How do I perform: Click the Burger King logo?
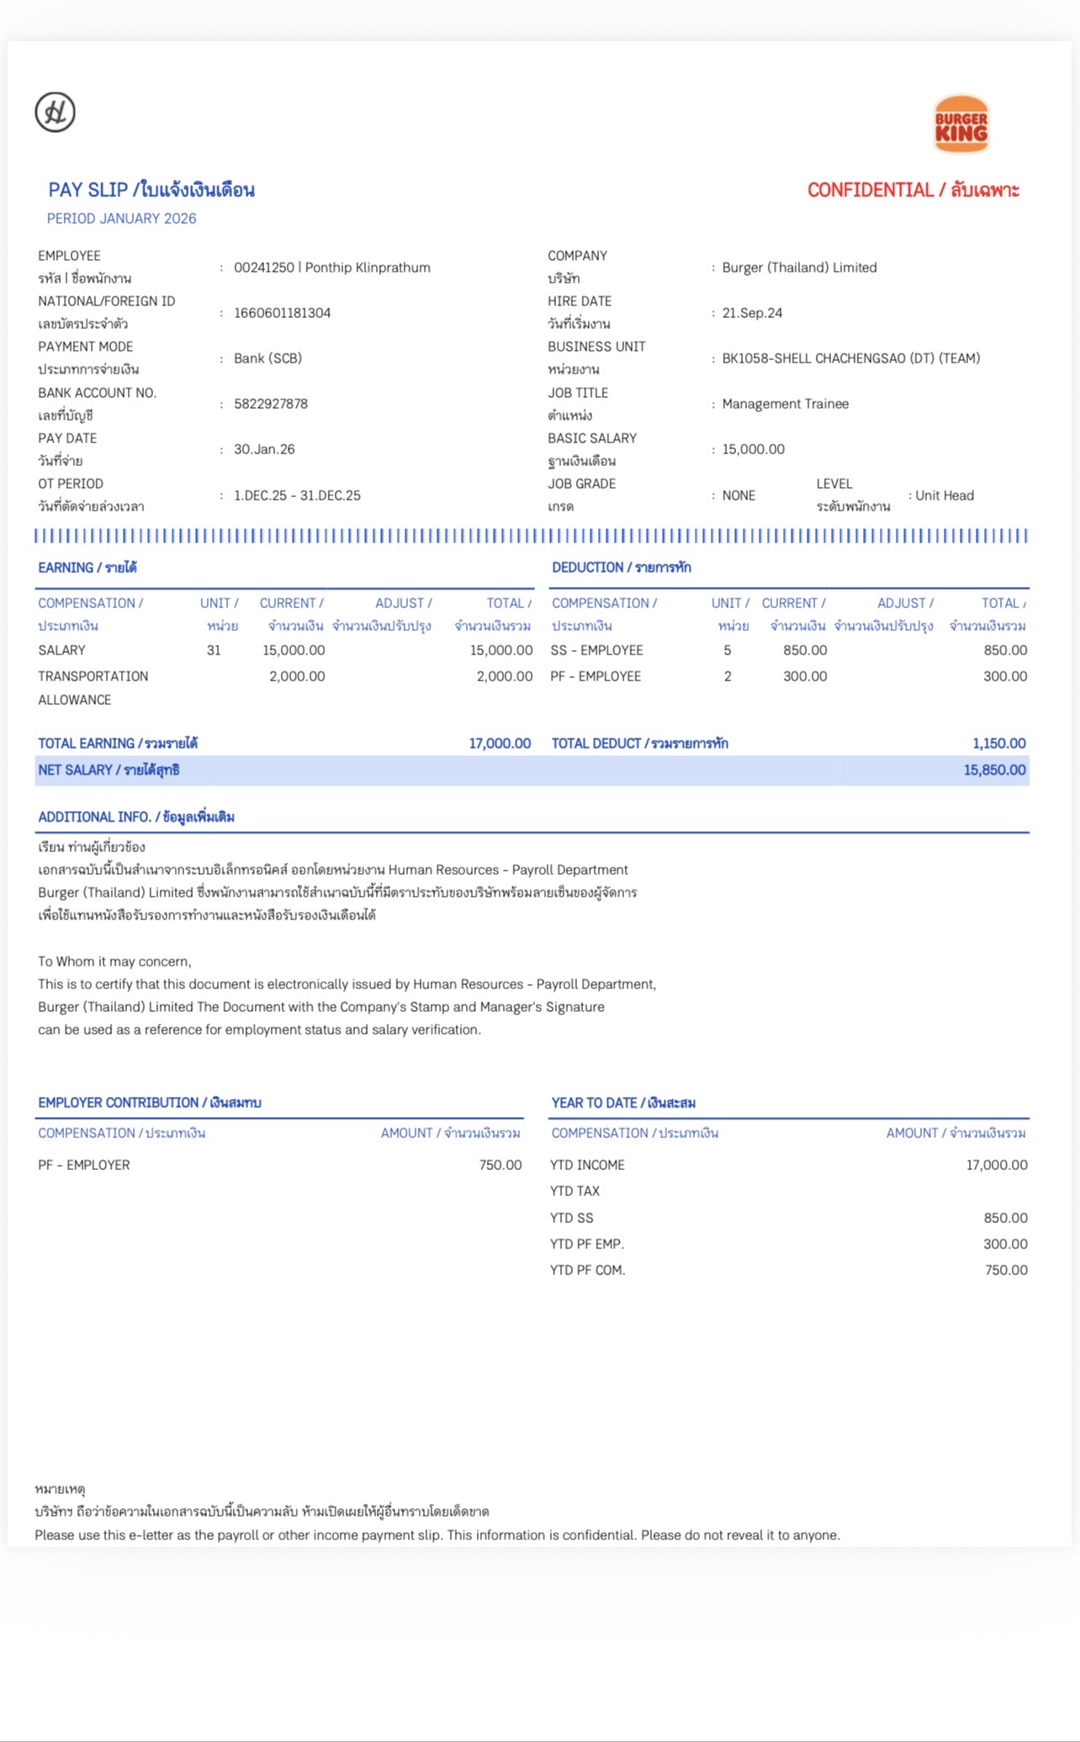pos(961,124)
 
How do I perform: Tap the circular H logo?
pos(56,112)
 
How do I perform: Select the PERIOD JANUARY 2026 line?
pos(121,219)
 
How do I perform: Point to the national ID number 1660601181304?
pos(282,313)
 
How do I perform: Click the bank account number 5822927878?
pos(271,404)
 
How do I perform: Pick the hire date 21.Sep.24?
pos(752,313)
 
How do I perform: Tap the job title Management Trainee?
pos(785,404)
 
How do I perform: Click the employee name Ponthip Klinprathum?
pos(368,267)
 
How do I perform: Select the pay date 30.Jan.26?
pos(264,449)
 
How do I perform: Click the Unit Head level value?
pos(944,495)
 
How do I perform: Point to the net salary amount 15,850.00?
pos(994,770)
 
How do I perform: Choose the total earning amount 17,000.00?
pos(500,744)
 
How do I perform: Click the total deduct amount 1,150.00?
pos(998,744)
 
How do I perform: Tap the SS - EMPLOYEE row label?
pos(596,650)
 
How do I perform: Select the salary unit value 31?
pos(214,650)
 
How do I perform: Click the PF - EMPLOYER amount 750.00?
pos(500,1165)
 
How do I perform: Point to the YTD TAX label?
pos(574,1191)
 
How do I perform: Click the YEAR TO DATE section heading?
pos(623,1103)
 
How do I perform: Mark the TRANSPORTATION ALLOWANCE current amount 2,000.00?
pos(297,676)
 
